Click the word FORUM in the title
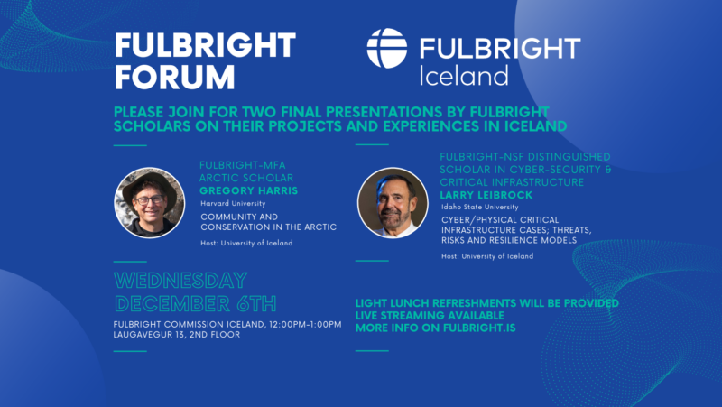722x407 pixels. pyautogui.click(x=174, y=77)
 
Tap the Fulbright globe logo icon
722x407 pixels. pyautogui.click(x=387, y=49)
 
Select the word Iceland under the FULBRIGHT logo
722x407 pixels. pyautogui.click(x=464, y=76)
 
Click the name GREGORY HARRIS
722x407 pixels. pyautogui.click(x=249, y=190)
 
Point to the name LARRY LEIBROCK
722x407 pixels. pyautogui.click(x=486, y=195)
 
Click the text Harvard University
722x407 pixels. pyautogui.click(x=233, y=204)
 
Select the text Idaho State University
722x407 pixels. pyautogui.click(x=480, y=208)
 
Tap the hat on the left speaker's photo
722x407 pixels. pyautogui.click(x=149, y=188)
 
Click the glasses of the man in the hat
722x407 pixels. pyautogui.click(x=149, y=200)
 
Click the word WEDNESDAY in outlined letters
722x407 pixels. pyautogui.click(x=180, y=281)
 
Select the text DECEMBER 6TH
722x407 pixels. pyautogui.click(x=195, y=304)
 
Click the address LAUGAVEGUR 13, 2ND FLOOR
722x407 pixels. pyautogui.click(x=177, y=335)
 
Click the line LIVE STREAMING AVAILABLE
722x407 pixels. pyautogui.click(x=430, y=316)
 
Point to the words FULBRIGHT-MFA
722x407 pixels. pyautogui.click(x=243, y=165)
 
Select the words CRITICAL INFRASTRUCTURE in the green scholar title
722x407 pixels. pyautogui.click(x=512, y=182)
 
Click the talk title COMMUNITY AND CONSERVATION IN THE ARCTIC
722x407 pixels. pyautogui.click(x=268, y=222)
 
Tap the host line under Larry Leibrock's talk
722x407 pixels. pyautogui.click(x=487, y=256)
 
